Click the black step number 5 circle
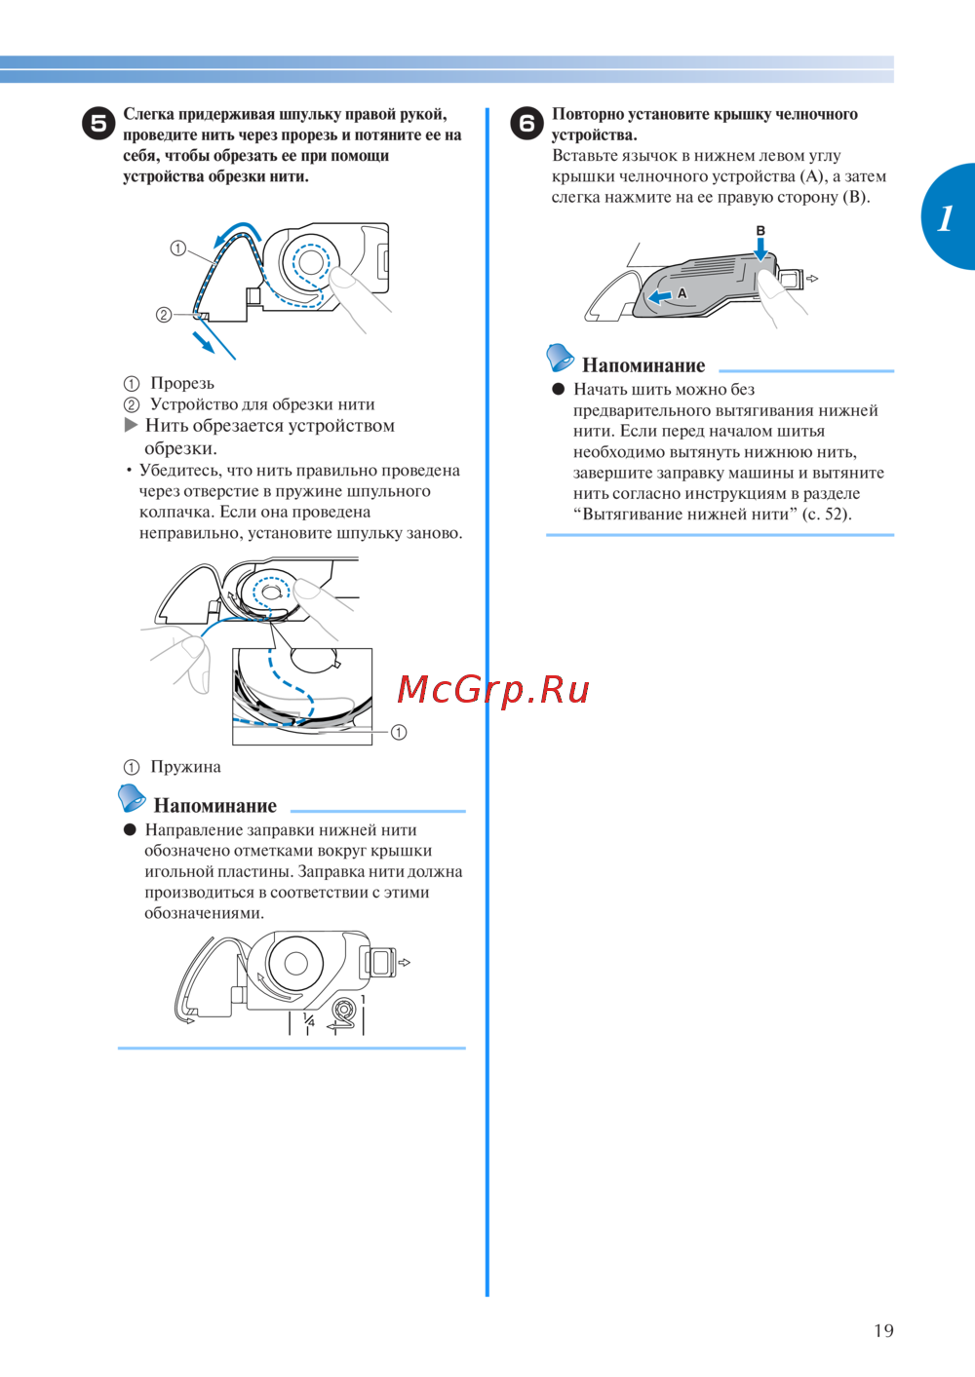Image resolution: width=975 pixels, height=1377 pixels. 98,124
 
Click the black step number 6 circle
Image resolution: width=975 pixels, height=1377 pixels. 527,124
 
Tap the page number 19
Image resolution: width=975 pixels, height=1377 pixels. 883,1331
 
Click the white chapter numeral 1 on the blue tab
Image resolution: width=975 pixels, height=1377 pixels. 945,217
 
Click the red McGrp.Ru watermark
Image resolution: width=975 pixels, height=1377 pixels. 492,690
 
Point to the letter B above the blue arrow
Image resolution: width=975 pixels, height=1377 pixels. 760,231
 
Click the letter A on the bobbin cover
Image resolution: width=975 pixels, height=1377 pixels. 682,293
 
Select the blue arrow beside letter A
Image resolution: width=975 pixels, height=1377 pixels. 661,297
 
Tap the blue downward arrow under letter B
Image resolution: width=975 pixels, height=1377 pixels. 760,249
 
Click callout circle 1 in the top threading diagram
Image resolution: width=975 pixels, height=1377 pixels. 177,249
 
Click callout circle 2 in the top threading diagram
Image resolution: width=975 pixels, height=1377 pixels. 163,315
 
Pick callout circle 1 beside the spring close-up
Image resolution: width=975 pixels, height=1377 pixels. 399,732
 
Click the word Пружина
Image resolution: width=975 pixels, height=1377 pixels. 185,767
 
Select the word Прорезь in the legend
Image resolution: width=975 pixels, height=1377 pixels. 182,383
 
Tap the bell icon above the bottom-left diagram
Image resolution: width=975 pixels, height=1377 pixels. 131,797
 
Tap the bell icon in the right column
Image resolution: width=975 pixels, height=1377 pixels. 560,357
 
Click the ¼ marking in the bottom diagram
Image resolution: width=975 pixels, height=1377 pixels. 308,1020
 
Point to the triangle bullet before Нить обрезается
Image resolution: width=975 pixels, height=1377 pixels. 131,426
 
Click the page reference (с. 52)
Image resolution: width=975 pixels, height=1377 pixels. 828,514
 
